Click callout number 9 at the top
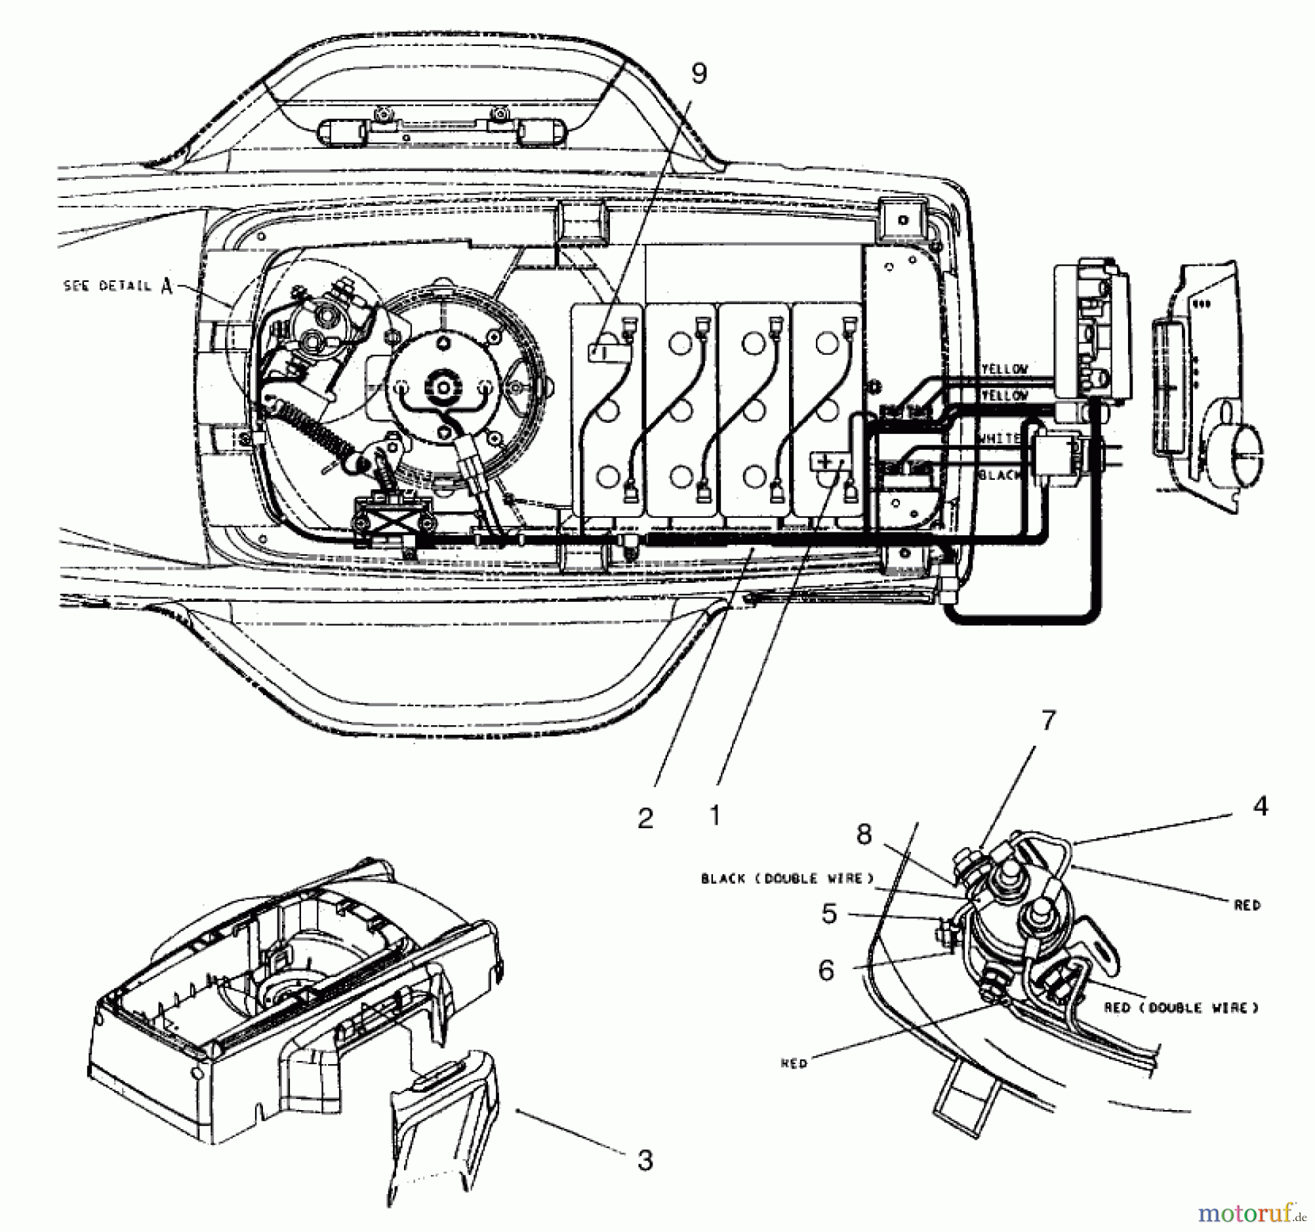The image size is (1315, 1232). pos(699,74)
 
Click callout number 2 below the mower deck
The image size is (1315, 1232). pos(645,818)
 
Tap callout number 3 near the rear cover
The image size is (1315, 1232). pos(644,1160)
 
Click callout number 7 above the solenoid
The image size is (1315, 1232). pos(1048,721)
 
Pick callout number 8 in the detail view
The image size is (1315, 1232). pos(864,834)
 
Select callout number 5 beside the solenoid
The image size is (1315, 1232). pos(828,914)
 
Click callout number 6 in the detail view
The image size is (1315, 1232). pos(826,971)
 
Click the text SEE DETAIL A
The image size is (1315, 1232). pos(118,286)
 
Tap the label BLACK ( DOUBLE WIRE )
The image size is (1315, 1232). pos(787,879)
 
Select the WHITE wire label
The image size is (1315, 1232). pos(999,438)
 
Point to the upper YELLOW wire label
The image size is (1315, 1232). pos(1004,370)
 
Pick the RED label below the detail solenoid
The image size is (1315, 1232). pos(794,1064)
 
